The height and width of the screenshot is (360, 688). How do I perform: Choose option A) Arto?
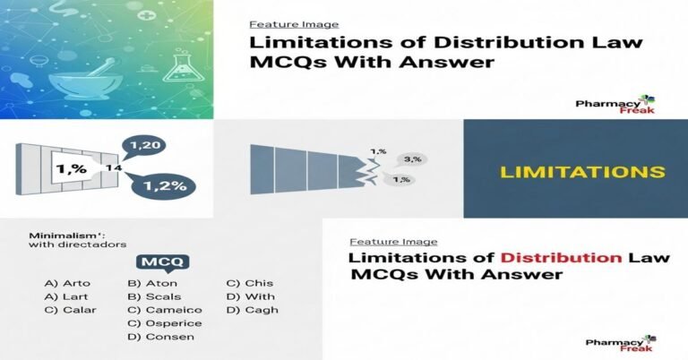point(67,284)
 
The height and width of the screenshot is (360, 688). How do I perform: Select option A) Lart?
point(66,297)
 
